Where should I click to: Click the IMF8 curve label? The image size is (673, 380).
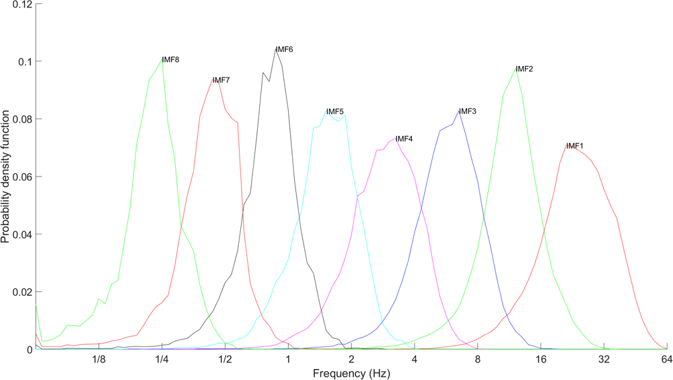pos(170,60)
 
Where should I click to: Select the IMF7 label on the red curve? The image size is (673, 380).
pos(221,80)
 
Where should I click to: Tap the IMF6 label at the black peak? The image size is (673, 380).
pos(285,50)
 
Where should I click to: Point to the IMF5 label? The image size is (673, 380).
pos(335,112)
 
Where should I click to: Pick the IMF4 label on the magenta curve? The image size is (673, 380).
pos(404,139)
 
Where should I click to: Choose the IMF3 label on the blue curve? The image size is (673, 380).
pos(468,111)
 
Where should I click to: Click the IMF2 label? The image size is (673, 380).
pos(524,69)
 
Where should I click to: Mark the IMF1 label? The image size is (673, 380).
pos(575,146)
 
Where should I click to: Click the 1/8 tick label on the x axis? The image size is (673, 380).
pos(99,360)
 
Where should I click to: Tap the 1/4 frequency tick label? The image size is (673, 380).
pos(162,360)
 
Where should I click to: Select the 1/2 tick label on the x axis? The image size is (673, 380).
pos(225,360)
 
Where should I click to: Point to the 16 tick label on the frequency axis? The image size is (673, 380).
pos(540,360)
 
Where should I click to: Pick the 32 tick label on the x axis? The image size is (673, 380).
pos(604,360)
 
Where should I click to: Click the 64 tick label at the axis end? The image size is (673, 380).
pos(666,360)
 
